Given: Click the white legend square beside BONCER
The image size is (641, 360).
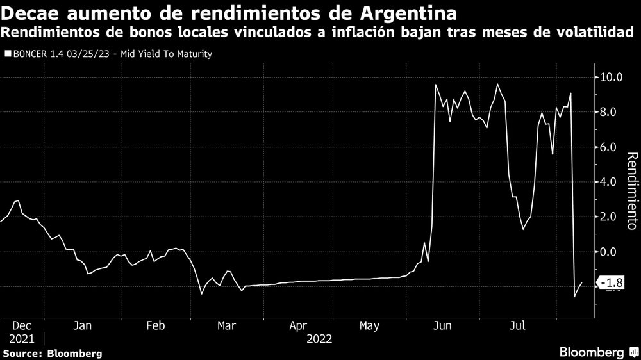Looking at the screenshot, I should [8, 54].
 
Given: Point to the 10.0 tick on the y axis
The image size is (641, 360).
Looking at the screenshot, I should [611, 78].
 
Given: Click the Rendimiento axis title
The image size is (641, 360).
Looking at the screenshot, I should [631, 191].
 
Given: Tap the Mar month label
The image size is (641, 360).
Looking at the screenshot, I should [226, 326].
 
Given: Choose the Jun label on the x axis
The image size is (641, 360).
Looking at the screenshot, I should [442, 326].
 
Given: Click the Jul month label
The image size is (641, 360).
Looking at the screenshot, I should [517, 326].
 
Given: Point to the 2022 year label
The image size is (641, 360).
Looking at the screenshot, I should [320, 338].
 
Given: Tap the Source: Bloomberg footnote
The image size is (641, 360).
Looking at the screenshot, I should [52, 353].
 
